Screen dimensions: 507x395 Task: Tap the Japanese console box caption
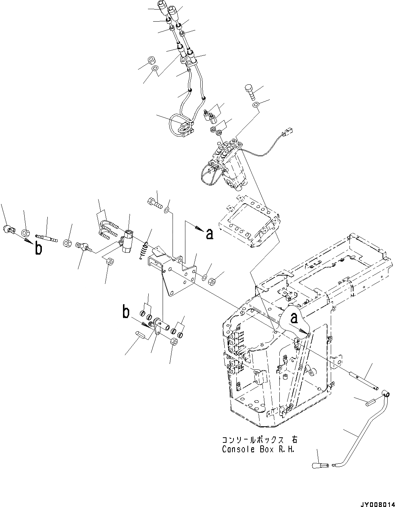point(258,439)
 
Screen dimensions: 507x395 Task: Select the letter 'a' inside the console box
point(294,318)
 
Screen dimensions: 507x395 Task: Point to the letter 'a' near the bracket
point(209,234)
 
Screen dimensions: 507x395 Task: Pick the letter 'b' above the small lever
point(126,313)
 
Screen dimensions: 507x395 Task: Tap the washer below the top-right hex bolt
point(256,105)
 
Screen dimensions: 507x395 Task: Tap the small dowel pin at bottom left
point(141,334)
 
